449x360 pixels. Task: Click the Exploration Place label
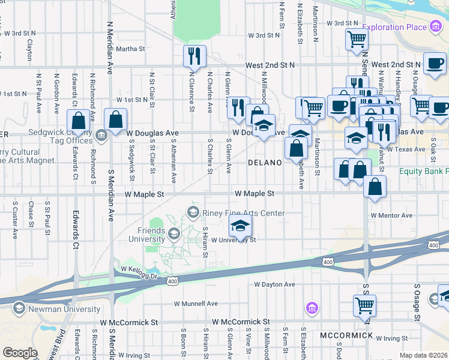pos(393,28)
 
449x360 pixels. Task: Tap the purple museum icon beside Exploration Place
pos(435,27)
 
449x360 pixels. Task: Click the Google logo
pos(20,353)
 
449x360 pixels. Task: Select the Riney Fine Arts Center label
pos(243,213)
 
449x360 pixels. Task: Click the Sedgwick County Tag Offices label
pos(59,136)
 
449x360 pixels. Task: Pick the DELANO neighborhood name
pos(265,163)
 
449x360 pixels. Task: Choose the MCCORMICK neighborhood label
pos(346,335)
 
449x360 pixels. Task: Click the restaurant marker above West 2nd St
pos(194,56)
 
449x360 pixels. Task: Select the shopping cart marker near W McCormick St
pos(364,305)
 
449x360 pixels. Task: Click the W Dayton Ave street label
pos(274,284)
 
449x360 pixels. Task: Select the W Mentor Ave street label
pos(391,215)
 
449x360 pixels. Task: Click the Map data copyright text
pos(424,355)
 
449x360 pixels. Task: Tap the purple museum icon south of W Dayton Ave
pos(311,309)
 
